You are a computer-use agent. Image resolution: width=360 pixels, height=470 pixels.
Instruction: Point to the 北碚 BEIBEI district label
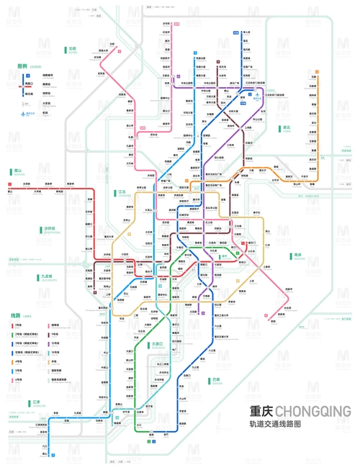[74, 50]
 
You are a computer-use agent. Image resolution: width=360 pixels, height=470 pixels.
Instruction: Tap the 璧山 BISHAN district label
[19, 171]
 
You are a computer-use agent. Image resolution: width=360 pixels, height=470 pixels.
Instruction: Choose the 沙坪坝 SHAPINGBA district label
[51, 230]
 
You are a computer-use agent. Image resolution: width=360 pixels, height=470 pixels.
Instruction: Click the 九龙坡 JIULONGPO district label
[47, 276]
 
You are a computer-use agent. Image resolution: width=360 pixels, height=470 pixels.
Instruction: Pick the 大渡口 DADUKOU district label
[158, 345]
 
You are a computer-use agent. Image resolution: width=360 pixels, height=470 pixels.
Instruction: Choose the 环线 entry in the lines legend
[54, 361]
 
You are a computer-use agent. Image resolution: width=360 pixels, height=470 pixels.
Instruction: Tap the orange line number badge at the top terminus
[235, 32]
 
